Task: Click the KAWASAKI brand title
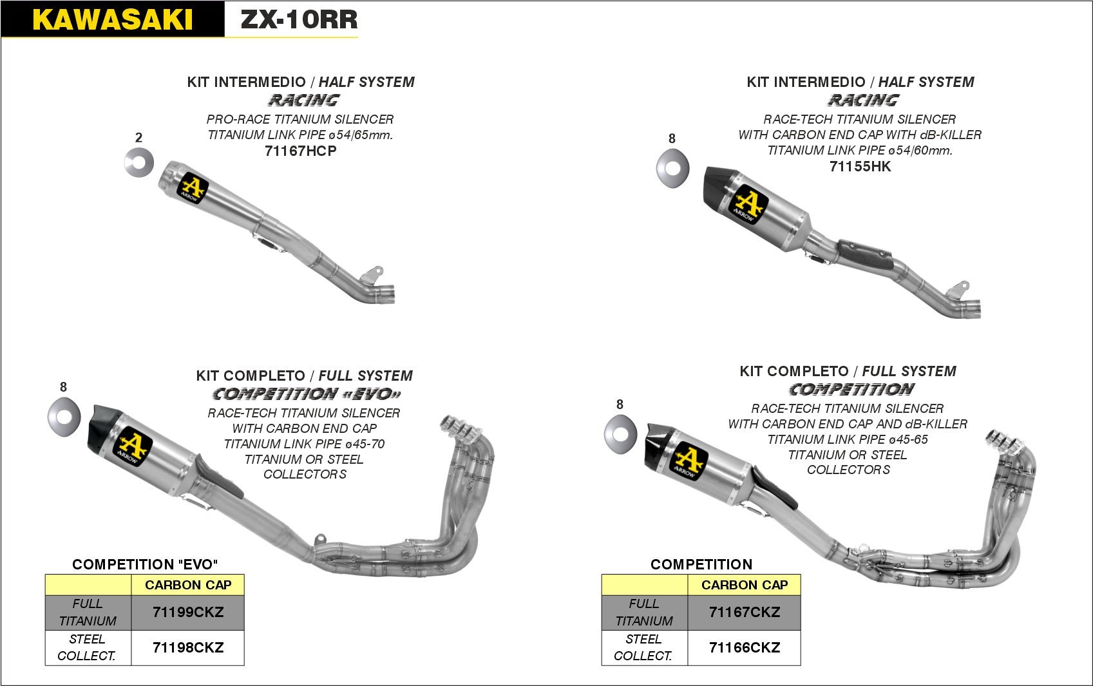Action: (113, 19)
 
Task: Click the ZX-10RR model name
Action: (299, 19)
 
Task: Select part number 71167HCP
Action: (301, 151)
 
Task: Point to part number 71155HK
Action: (860, 166)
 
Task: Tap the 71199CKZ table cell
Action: (187, 612)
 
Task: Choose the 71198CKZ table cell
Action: (187, 647)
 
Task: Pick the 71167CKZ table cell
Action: (744, 612)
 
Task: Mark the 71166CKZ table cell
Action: (744, 647)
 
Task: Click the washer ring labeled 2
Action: (139, 162)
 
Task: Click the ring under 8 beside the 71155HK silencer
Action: (672, 168)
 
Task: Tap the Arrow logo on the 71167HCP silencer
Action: (193, 187)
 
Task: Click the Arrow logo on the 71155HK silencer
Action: (748, 204)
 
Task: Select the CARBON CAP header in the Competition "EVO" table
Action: (187, 585)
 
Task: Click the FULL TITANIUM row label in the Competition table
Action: (644, 612)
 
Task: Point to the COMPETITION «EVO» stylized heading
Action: (307, 394)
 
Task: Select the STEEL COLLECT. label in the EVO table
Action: (87, 647)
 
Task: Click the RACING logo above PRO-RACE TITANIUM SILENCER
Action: (303, 100)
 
